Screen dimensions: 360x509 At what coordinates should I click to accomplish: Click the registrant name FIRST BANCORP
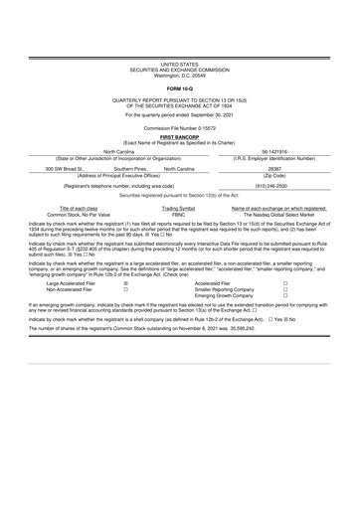[179, 138]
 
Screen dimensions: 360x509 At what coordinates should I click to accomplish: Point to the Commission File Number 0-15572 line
[179, 129]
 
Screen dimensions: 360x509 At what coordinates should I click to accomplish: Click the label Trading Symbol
[179, 236]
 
